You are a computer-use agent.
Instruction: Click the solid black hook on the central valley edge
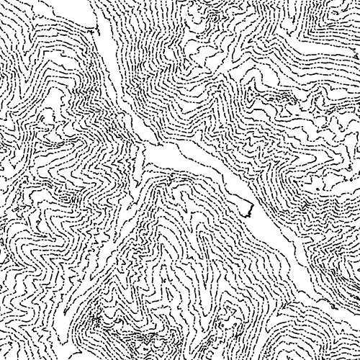[x=249, y=210]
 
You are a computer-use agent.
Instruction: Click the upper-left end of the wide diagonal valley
[x=148, y=148]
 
